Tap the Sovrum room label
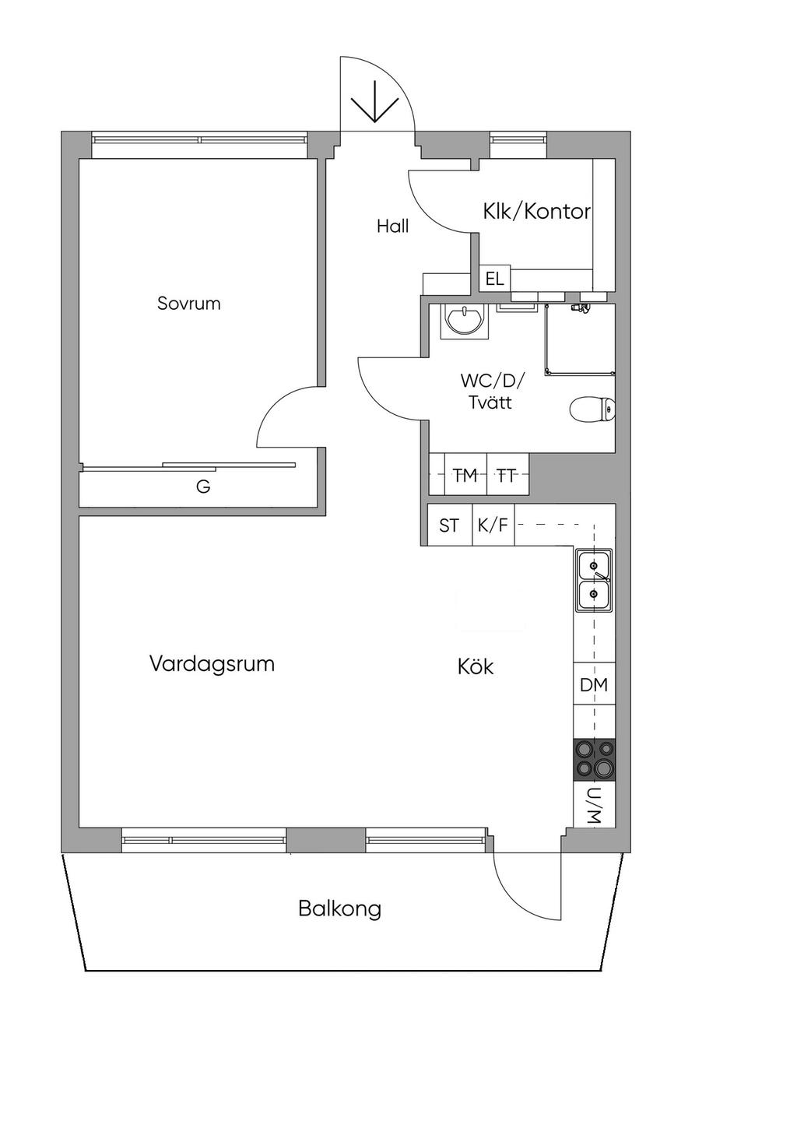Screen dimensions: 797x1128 tap(189, 304)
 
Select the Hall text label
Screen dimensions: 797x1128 tap(393, 227)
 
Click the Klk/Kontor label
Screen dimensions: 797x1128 tap(537, 212)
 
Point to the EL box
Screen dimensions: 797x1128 tap(495, 279)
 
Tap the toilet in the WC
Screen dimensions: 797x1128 tap(592, 409)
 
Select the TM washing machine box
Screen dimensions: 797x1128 tap(465, 474)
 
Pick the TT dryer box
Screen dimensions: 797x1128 tap(508, 474)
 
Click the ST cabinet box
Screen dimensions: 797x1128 tap(450, 525)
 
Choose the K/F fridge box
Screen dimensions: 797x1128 tap(493, 525)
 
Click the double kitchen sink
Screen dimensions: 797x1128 tap(594, 581)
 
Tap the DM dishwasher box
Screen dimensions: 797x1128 tap(594, 684)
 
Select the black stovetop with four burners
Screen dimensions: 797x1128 tap(594, 760)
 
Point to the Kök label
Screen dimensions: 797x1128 tap(476, 667)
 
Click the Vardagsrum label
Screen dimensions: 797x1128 tap(212, 664)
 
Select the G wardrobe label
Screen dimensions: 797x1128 tap(203, 487)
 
